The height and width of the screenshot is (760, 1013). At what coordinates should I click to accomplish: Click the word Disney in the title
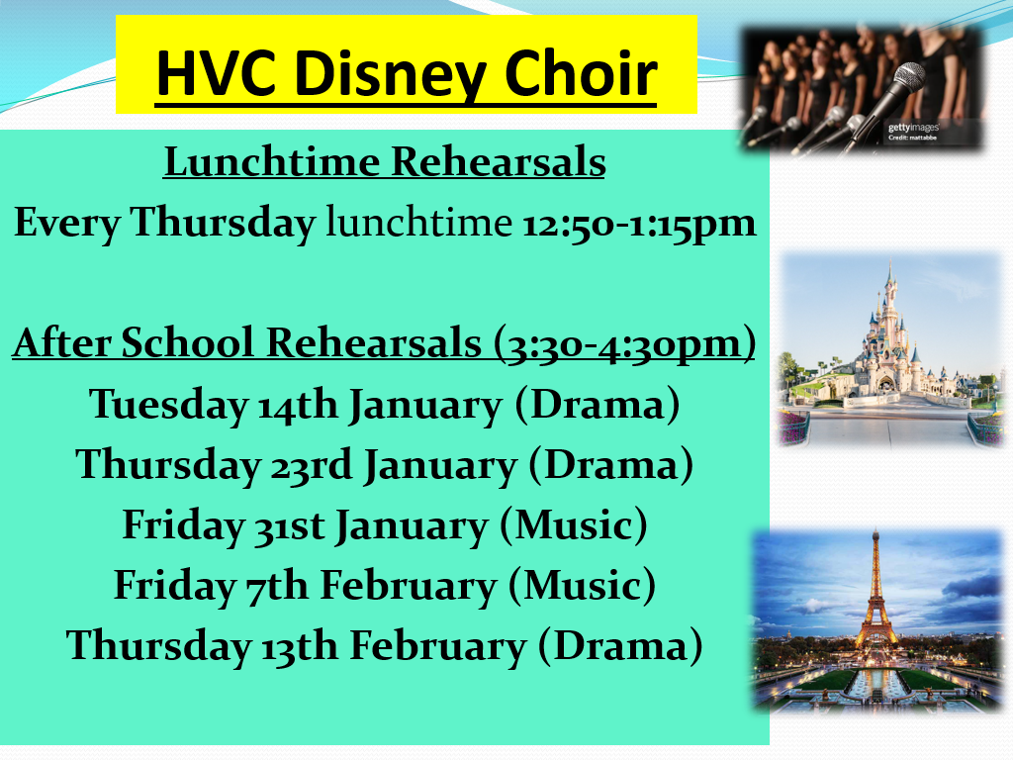pyautogui.click(x=392, y=75)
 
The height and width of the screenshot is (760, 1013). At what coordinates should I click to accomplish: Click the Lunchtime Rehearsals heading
pyautogui.click(x=385, y=161)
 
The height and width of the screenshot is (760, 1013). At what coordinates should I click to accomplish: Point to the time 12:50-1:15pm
pyautogui.click(x=638, y=224)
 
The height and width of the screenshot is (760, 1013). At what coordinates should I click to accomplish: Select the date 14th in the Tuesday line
pyautogui.click(x=298, y=405)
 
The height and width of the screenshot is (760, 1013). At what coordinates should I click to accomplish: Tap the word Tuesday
pyautogui.click(x=168, y=406)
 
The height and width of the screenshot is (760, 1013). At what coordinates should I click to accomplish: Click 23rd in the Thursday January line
pyautogui.click(x=312, y=465)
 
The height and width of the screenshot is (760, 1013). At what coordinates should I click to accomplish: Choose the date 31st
pyautogui.click(x=289, y=526)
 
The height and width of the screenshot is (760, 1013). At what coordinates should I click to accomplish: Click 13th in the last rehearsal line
pyautogui.click(x=300, y=646)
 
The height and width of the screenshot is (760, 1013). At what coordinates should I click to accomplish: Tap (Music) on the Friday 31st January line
pyautogui.click(x=573, y=524)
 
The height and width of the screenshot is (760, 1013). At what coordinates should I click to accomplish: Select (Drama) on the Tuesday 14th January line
pyautogui.click(x=597, y=405)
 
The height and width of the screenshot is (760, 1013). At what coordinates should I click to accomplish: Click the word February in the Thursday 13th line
pyautogui.click(x=438, y=647)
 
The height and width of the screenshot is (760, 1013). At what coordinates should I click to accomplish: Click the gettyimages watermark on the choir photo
pyautogui.click(x=913, y=128)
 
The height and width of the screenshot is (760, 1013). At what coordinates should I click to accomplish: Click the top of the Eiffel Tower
pyautogui.click(x=875, y=531)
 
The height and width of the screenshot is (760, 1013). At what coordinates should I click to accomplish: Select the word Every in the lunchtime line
pyautogui.click(x=67, y=224)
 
